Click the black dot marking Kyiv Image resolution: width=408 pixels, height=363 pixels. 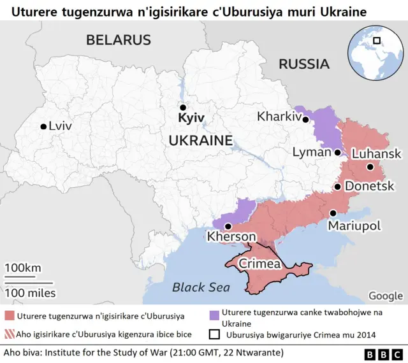[x=183, y=108]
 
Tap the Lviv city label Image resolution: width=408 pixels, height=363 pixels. [x=60, y=126]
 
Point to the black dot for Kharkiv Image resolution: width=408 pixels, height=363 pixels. [x=306, y=119]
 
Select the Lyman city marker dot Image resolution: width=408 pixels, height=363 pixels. [x=337, y=152]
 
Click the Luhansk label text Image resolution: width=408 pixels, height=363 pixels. [x=376, y=154]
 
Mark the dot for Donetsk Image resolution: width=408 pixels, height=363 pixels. [x=337, y=187]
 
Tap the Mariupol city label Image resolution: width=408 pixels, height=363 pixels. [x=354, y=225]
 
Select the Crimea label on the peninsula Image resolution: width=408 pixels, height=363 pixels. [x=259, y=264]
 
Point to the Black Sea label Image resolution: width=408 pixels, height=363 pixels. [x=201, y=287]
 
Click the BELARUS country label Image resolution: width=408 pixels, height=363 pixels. [x=119, y=39]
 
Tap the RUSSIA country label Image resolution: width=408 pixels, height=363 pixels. [x=303, y=64]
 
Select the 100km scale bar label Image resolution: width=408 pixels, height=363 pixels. [x=23, y=267]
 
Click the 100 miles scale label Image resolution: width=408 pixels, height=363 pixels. [x=30, y=293]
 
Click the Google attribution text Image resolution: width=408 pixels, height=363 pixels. [x=385, y=295]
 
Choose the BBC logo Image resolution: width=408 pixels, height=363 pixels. [x=382, y=353]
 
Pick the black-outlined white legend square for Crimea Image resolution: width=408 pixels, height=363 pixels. [x=214, y=333]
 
